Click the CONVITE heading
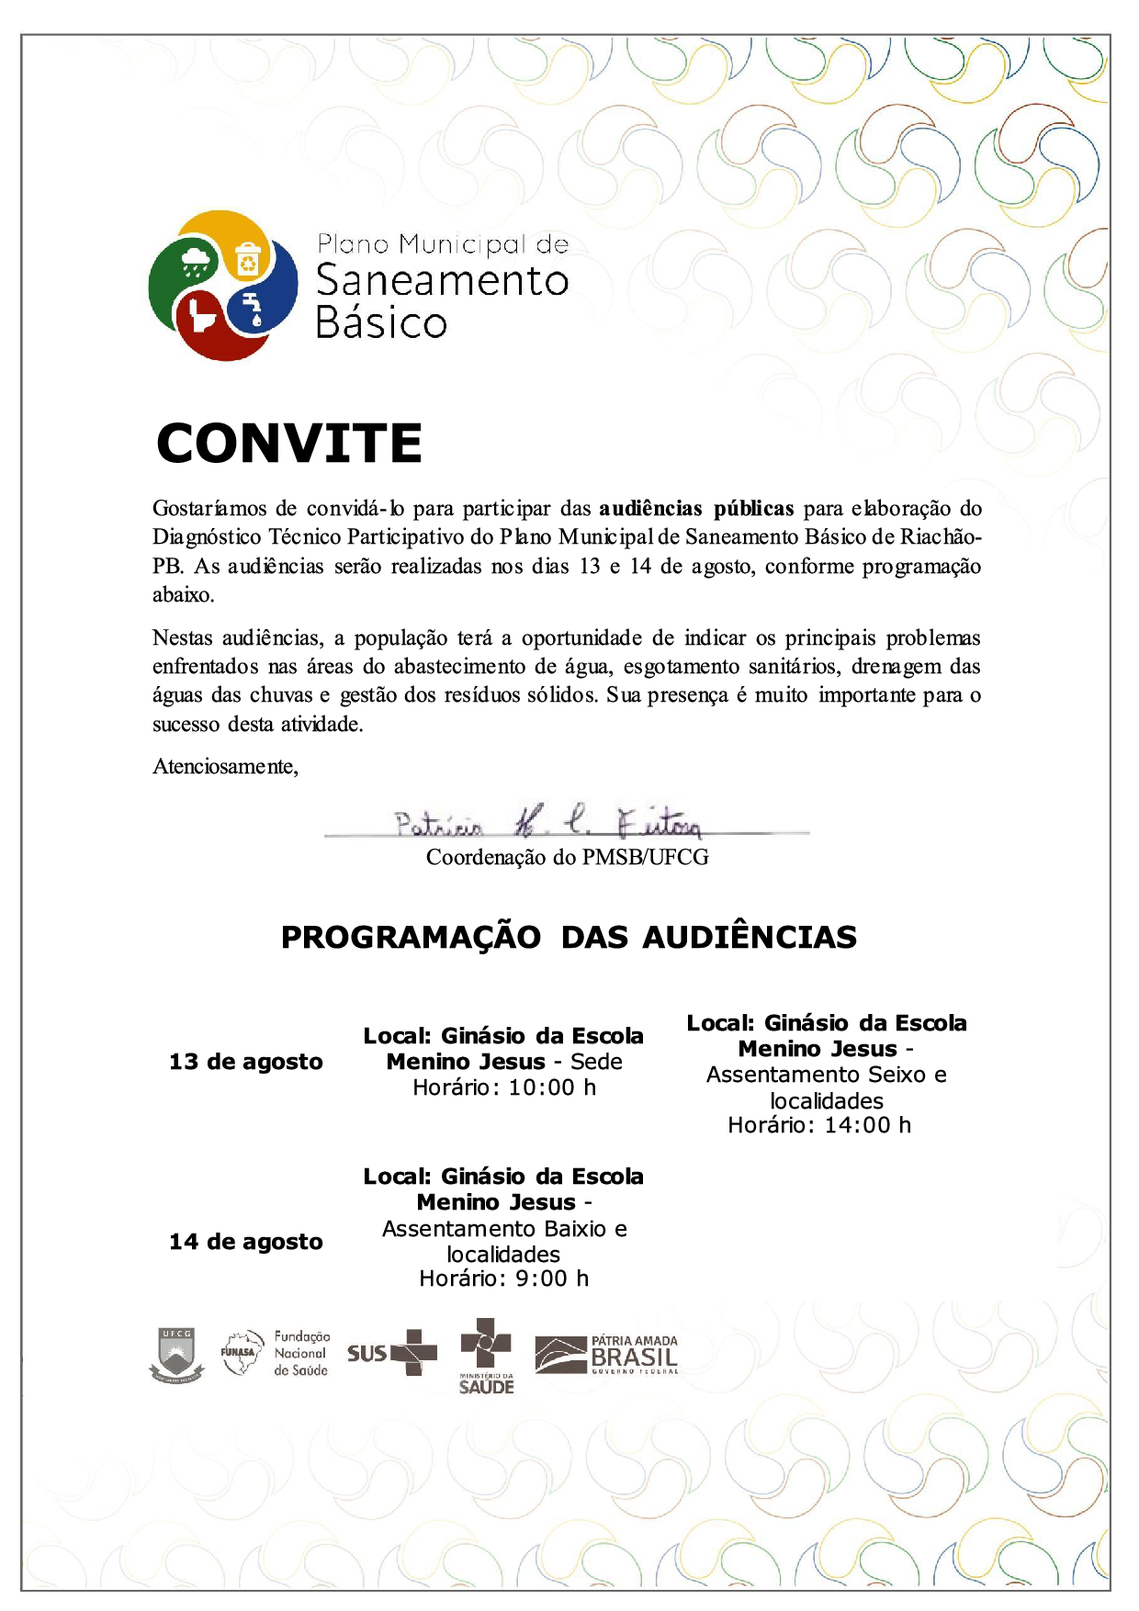point(289,444)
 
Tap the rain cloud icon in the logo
point(195,261)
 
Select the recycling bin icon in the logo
point(249,259)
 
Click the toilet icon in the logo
point(202,316)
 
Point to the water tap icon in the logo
point(252,308)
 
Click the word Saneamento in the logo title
point(442,281)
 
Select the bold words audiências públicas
point(696,509)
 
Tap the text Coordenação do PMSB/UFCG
point(567,858)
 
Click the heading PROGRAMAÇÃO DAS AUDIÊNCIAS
point(569,938)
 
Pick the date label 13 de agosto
point(246,1063)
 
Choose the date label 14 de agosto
point(246,1243)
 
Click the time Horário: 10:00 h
point(504,1088)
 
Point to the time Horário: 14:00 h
point(819,1126)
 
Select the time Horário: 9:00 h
point(503,1279)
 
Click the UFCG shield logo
point(176,1356)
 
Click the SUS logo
point(392,1353)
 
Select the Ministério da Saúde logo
point(486,1356)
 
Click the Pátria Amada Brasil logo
point(607,1356)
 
